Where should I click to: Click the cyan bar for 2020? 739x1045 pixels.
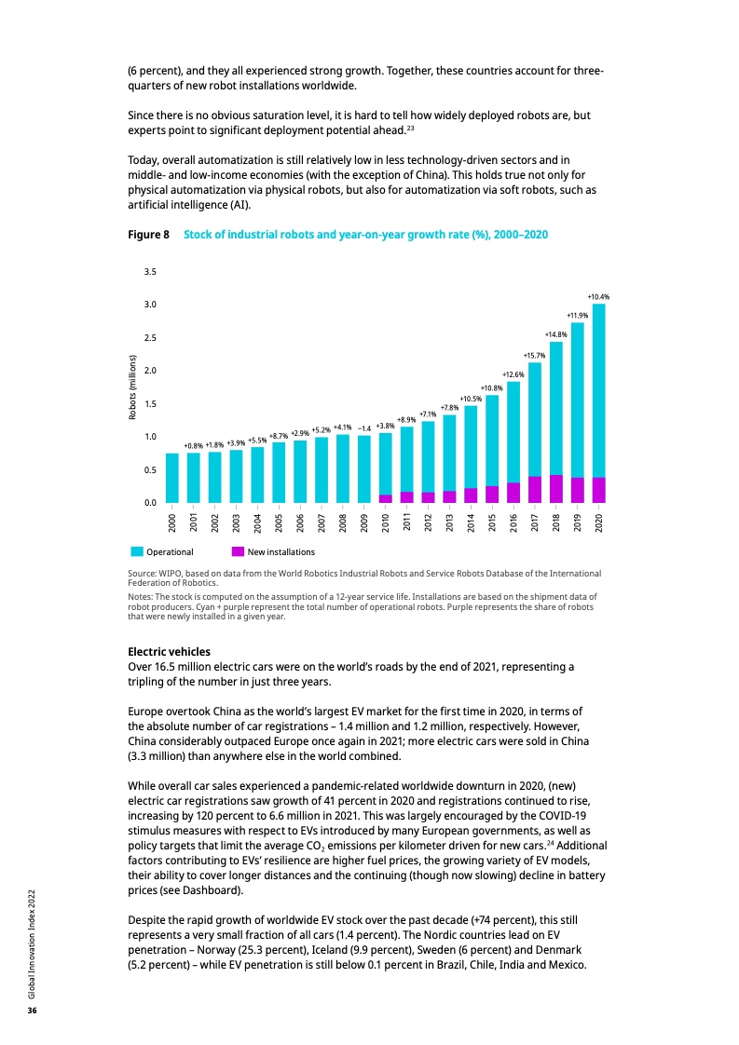tap(598, 391)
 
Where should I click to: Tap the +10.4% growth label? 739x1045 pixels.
tap(598, 296)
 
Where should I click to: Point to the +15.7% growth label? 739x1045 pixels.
tap(534, 355)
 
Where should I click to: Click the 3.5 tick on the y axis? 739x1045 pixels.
tap(150, 272)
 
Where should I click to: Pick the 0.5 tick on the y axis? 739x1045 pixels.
tap(150, 470)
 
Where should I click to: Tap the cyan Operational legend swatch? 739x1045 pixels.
tap(136, 551)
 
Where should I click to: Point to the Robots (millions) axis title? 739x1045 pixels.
tap(132, 387)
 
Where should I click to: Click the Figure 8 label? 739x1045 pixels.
tap(148, 235)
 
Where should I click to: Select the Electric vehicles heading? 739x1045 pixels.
tap(169, 651)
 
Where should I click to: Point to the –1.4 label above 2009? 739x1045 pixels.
tap(364, 429)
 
